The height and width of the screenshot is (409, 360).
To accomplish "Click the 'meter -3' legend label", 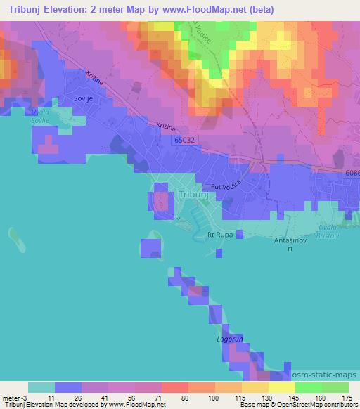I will (14, 397).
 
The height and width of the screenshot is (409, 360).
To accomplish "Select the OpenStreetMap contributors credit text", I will (324, 405).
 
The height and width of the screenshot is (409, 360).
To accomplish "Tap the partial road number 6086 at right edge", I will (352, 173).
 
